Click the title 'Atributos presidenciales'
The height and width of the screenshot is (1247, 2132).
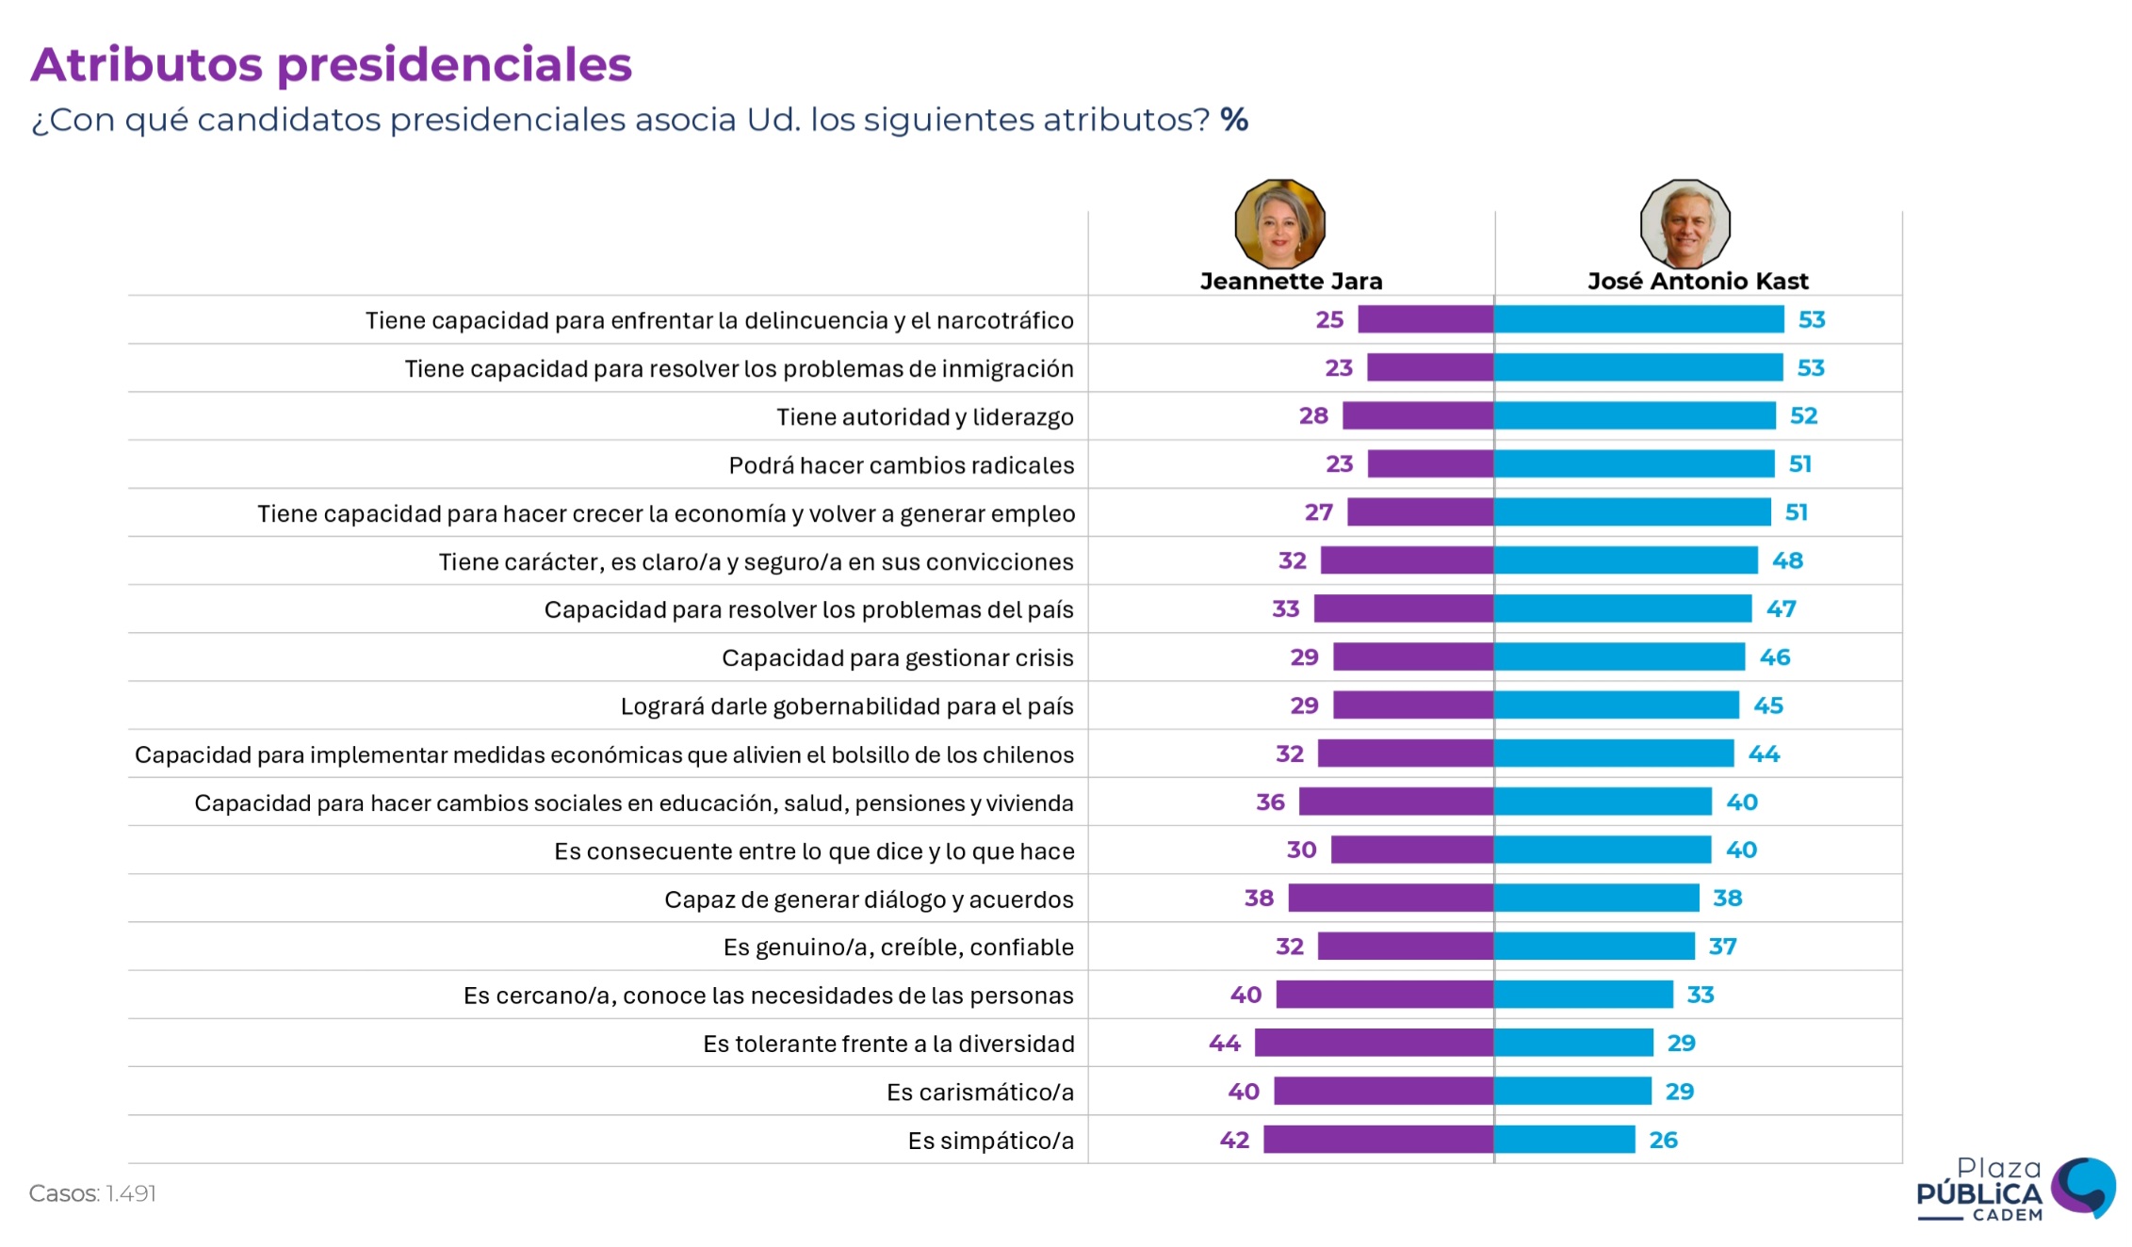[x=331, y=65]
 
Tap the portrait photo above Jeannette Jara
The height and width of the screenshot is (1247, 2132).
[x=1279, y=224]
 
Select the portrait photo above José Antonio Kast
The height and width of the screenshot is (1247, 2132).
[x=1684, y=224]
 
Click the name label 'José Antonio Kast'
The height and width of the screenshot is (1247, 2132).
[x=1698, y=281]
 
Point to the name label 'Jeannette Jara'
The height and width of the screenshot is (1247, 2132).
[x=1291, y=281]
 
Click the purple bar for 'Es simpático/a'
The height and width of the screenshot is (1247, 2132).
[x=1377, y=1140]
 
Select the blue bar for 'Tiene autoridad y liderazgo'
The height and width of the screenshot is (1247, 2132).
[x=1635, y=415]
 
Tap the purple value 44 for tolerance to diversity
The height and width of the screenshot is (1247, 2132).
[x=1225, y=1043]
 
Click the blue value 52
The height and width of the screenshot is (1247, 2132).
[x=1803, y=415]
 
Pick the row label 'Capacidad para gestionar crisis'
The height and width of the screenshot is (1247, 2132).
[x=897, y=657]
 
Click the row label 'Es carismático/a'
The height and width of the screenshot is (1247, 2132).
[x=980, y=1092]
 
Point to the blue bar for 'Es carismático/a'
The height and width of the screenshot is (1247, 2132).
[x=1572, y=1092]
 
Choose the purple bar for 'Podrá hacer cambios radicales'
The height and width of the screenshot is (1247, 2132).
[x=1430, y=463]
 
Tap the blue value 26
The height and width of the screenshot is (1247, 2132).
[x=1663, y=1140]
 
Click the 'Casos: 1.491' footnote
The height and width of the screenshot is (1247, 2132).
[x=92, y=1193]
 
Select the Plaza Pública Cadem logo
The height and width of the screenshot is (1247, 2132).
[x=2015, y=1190]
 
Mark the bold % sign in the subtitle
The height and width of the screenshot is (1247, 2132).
[x=1234, y=120]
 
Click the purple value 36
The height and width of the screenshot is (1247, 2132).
[x=1270, y=802]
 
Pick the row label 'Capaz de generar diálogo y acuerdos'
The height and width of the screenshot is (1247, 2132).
[x=869, y=899]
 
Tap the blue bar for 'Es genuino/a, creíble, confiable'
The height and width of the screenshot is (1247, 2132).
[x=1594, y=946]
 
